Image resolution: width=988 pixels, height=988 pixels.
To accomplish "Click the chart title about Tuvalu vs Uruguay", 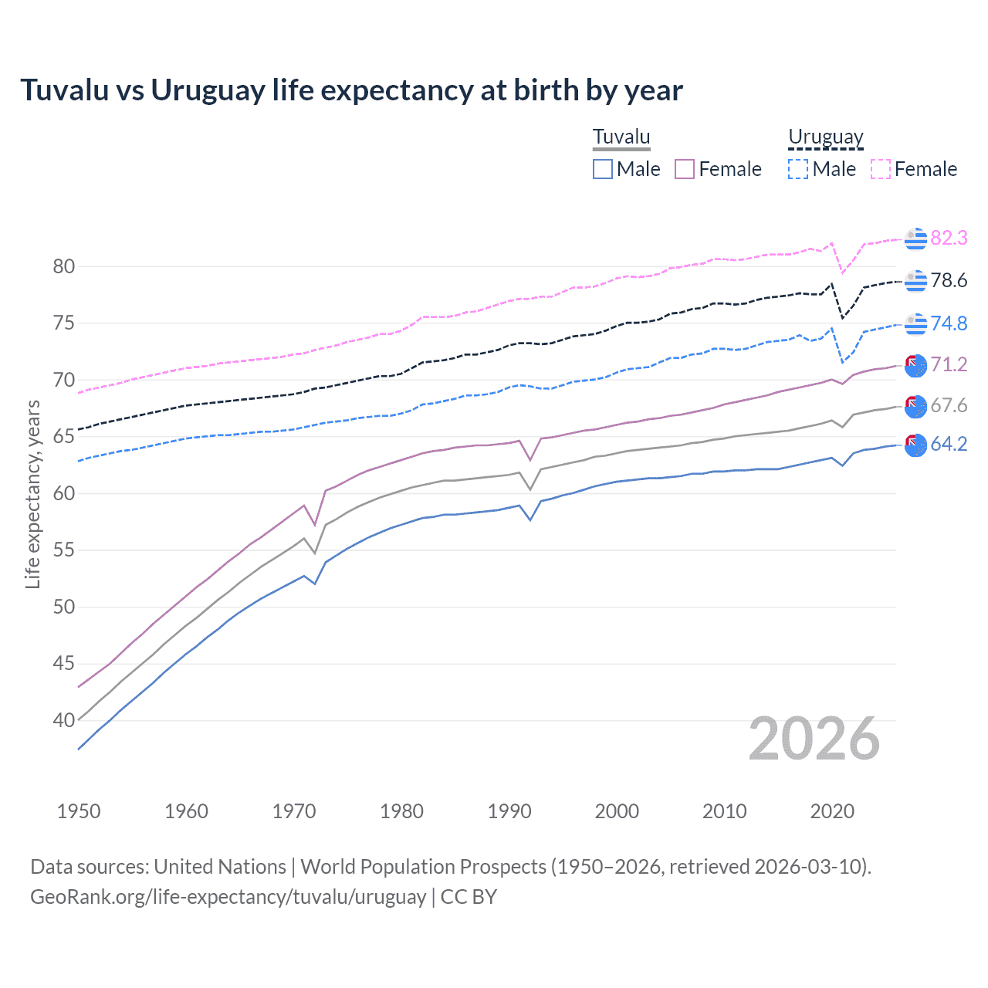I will click(x=351, y=90).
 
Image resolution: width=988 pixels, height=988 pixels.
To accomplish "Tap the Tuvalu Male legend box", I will click(x=603, y=169).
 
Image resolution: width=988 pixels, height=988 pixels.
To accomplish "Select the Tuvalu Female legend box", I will click(x=685, y=169).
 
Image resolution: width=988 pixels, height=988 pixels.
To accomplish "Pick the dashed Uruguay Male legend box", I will click(x=798, y=169).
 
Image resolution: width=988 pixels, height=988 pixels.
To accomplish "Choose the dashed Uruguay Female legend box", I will click(x=881, y=169).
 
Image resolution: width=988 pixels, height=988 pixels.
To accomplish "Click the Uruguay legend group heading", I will click(x=825, y=137).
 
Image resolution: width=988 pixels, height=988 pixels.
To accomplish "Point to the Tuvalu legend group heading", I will click(x=621, y=137).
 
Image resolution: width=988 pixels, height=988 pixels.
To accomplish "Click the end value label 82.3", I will click(x=949, y=238).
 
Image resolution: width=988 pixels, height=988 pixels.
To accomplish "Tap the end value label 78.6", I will click(x=949, y=280).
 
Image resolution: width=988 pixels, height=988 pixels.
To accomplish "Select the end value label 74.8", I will click(x=949, y=323).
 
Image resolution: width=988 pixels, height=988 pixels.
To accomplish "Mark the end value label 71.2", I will click(x=949, y=364).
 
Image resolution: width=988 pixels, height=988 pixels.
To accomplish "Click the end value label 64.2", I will click(x=949, y=444).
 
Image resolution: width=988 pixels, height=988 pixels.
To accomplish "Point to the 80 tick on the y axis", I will click(x=64, y=267).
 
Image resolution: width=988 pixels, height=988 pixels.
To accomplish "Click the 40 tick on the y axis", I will click(x=64, y=721).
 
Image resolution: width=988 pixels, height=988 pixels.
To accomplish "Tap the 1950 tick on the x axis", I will click(x=79, y=811).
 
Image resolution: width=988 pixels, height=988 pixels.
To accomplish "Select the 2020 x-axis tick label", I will click(x=832, y=811).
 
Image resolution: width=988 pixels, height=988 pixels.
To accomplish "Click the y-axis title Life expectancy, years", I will click(x=32, y=494).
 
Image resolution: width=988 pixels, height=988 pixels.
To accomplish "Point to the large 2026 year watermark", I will click(x=814, y=739).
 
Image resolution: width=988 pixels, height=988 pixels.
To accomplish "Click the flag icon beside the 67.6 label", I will click(x=915, y=405).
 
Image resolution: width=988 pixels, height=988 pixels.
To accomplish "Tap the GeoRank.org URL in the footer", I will click(x=228, y=897).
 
